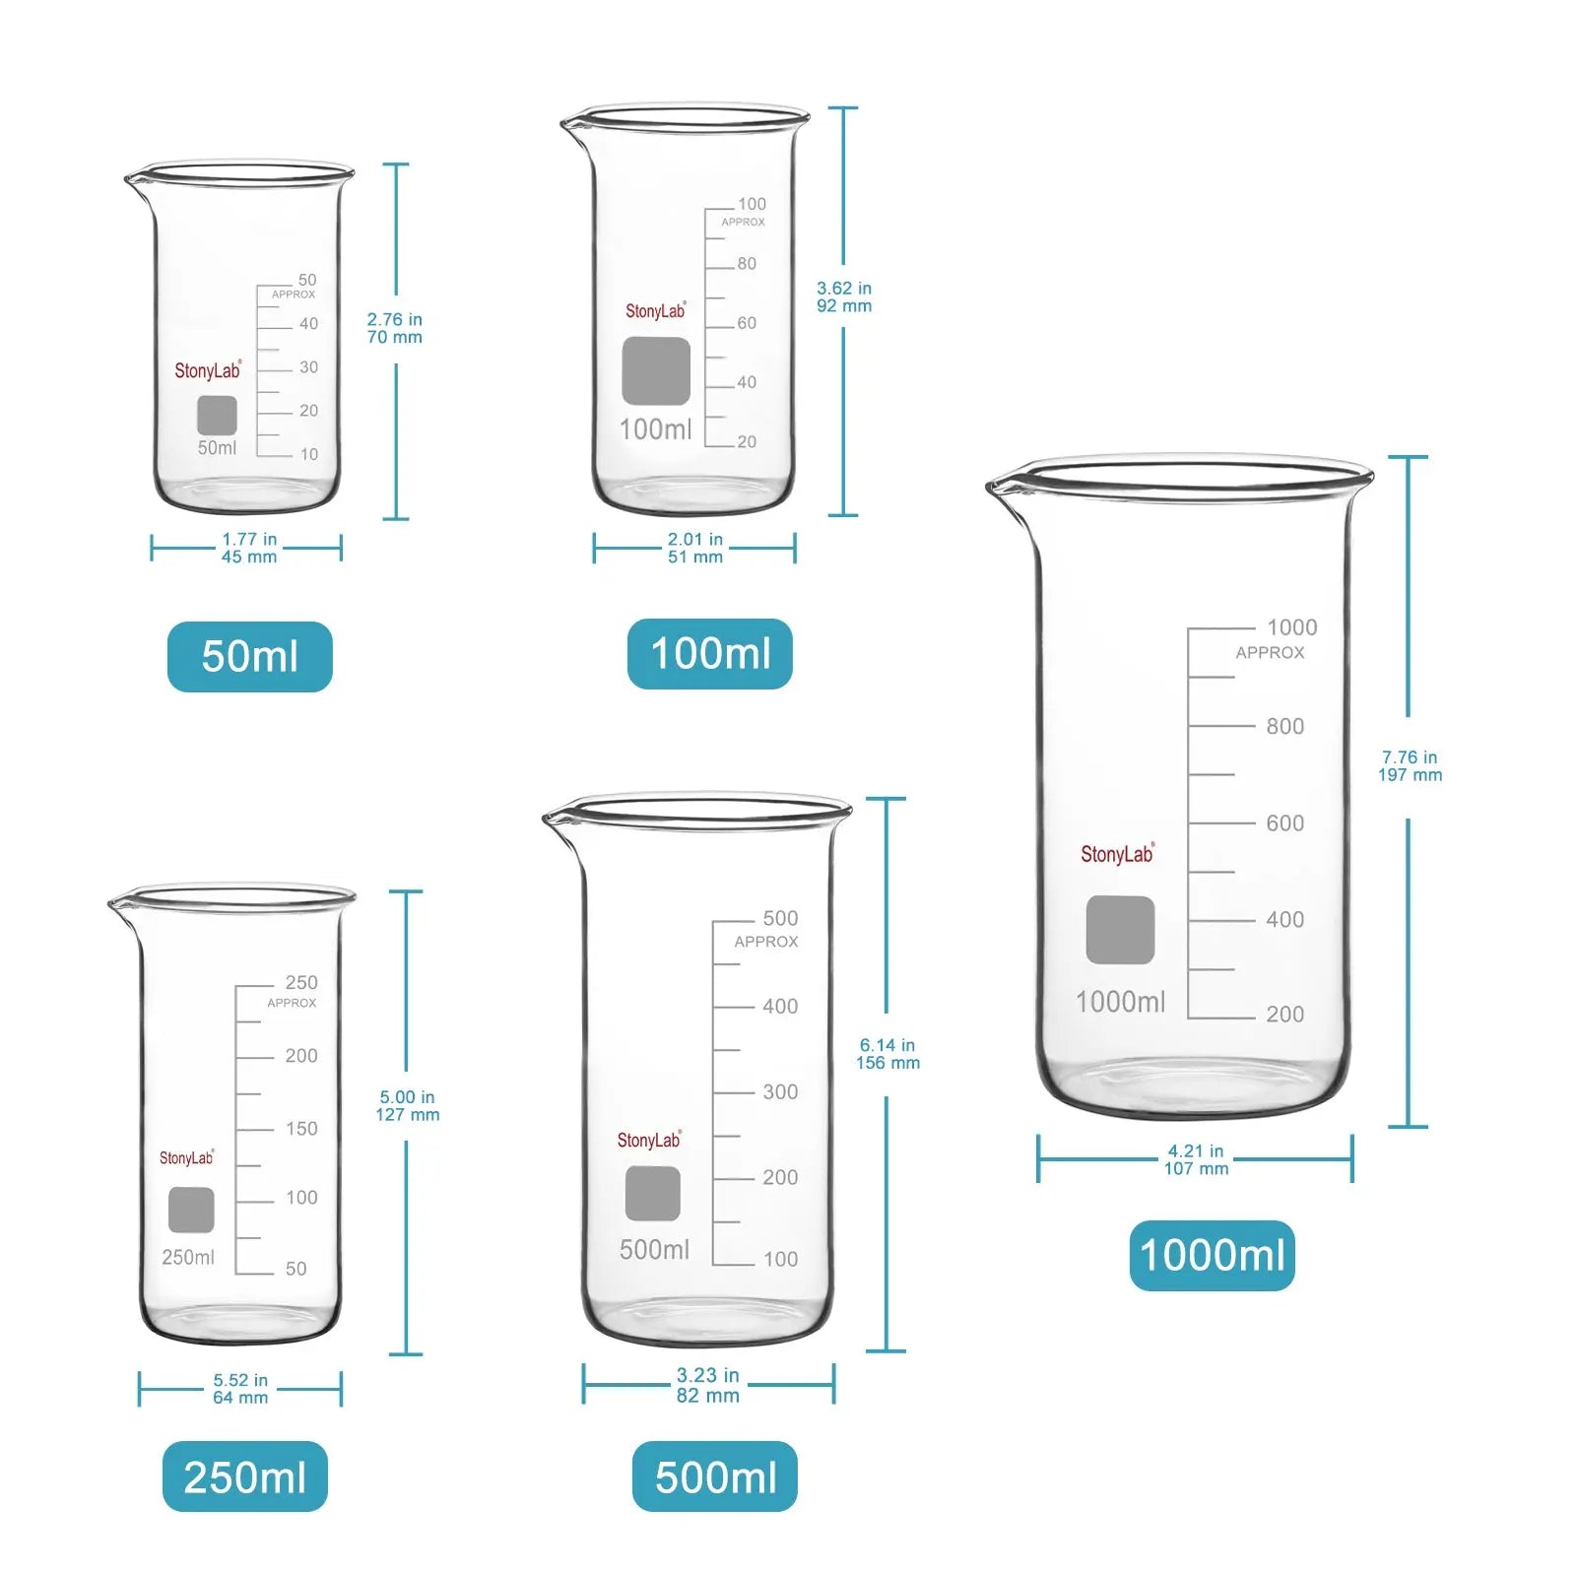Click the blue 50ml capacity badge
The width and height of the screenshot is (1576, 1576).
tap(250, 656)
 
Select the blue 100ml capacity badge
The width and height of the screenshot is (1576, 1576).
tap(710, 653)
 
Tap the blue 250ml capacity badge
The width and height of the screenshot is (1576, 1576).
tap(245, 1477)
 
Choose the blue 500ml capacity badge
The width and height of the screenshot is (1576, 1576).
tap(715, 1477)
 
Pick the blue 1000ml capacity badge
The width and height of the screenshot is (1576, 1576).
tap(1213, 1256)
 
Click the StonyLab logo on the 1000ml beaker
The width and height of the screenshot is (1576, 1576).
tap(1118, 854)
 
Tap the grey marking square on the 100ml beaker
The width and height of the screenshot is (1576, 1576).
tap(656, 371)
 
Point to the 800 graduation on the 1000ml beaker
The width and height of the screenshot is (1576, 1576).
tap(1285, 726)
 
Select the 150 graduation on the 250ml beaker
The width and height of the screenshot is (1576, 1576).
tap(301, 1129)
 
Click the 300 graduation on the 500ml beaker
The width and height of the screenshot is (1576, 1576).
tap(780, 1091)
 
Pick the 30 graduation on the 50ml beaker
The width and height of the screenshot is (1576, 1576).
tap(308, 367)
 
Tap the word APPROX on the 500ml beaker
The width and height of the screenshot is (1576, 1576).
tap(766, 942)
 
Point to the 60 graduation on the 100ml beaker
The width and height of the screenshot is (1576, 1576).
tap(747, 323)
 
